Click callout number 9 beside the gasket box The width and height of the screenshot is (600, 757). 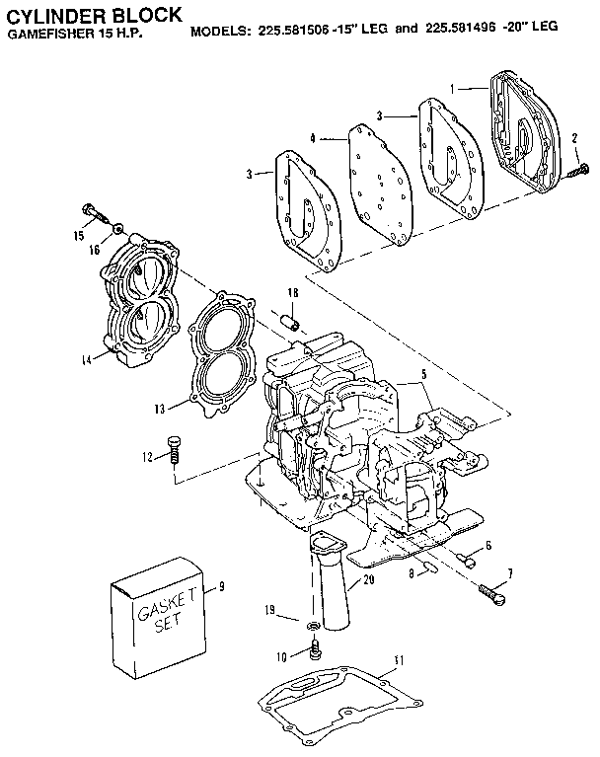[x=222, y=586]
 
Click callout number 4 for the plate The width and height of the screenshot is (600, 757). [x=312, y=139]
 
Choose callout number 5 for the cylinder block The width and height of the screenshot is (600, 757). [x=423, y=375]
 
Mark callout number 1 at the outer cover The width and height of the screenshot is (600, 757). [x=453, y=88]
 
